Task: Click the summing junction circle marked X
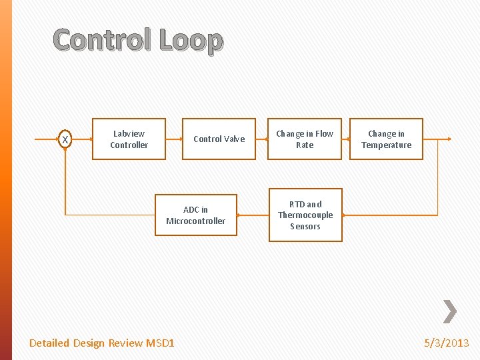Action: [x=65, y=139]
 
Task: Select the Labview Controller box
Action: [x=129, y=139]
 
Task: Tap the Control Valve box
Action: [x=219, y=139]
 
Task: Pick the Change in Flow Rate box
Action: [x=305, y=139]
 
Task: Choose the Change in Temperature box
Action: [x=386, y=139]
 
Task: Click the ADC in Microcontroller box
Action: [x=195, y=215]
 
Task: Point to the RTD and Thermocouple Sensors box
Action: [x=305, y=215]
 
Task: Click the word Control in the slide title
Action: [x=103, y=41]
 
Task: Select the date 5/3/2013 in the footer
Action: [x=447, y=343]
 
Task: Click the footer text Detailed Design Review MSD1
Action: [x=102, y=343]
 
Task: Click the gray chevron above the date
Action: [x=450, y=311]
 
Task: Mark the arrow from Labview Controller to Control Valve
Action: [x=174, y=139]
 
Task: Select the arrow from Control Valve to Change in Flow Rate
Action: [x=261, y=139]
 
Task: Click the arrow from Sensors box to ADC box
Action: [x=253, y=215]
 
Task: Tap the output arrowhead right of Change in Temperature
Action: [x=449, y=139]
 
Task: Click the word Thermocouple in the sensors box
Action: [x=305, y=215]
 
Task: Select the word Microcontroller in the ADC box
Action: [x=195, y=221]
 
